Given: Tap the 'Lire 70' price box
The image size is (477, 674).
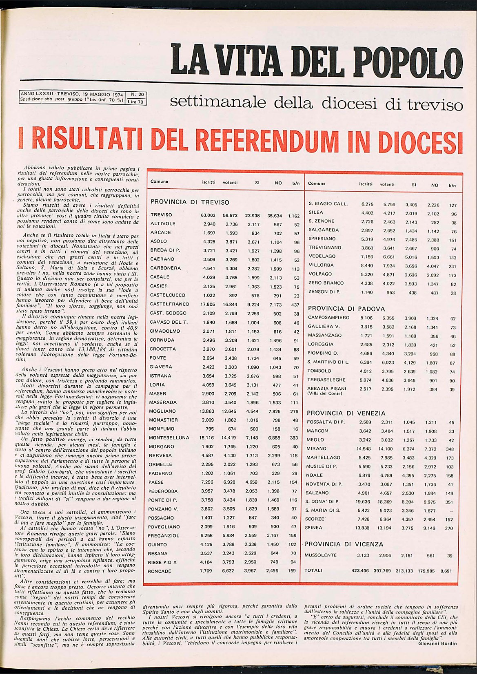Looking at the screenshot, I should pyautogui.click(x=136, y=102).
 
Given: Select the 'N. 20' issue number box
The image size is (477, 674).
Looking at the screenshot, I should pyautogui.click(x=136, y=95).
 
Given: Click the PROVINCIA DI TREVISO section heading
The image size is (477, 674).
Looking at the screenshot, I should pyautogui.click(x=190, y=202).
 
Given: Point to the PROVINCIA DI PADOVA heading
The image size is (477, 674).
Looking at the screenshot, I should pyautogui.click(x=346, y=309).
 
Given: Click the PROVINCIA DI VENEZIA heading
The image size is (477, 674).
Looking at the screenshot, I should pyautogui.click(x=346, y=413).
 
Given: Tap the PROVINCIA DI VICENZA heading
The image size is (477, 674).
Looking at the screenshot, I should pyautogui.click(x=344, y=544).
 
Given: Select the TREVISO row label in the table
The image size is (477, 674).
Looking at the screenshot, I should pyautogui.click(x=161, y=215).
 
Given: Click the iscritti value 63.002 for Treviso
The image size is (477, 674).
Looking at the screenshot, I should pyautogui.click(x=208, y=215).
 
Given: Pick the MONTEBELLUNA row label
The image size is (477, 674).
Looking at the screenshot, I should pyautogui.click(x=169, y=438).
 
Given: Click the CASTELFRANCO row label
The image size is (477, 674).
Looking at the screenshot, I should pyautogui.click(x=169, y=304).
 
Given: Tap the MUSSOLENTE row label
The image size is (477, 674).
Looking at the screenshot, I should pyautogui.click(x=321, y=555).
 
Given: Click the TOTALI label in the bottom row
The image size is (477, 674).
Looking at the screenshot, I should pyautogui.click(x=313, y=570).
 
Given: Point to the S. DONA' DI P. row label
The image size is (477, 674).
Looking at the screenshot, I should pyautogui.click(x=322, y=502).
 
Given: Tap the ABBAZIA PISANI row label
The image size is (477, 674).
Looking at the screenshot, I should pyautogui.click(x=326, y=389).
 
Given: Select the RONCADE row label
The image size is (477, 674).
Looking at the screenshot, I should pyautogui.click(x=160, y=571).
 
